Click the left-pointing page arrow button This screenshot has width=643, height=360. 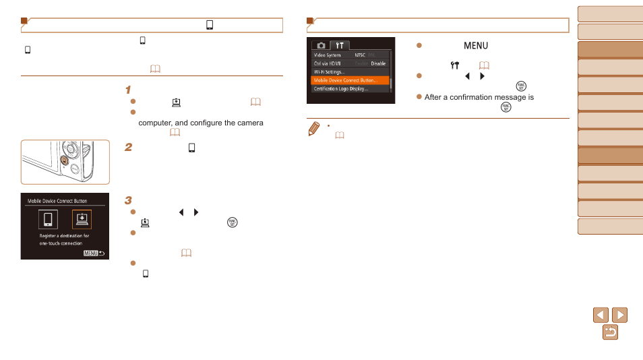(x=601, y=315)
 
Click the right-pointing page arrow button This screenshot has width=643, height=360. (x=619, y=315)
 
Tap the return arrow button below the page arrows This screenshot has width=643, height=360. (x=610, y=332)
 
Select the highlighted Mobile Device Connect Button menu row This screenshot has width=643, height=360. (x=350, y=80)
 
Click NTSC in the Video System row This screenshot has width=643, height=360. (x=360, y=55)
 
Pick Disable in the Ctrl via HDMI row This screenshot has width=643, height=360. (x=378, y=63)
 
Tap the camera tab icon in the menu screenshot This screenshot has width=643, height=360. (x=321, y=45)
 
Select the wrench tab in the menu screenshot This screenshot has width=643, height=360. (x=340, y=45)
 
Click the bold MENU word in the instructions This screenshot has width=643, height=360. (x=475, y=46)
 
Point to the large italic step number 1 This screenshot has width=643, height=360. (x=128, y=90)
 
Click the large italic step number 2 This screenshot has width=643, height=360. (x=128, y=148)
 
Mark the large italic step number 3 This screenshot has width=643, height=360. (x=128, y=201)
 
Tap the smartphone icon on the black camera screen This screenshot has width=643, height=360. (x=47, y=220)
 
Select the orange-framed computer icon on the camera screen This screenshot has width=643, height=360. (x=81, y=220)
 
